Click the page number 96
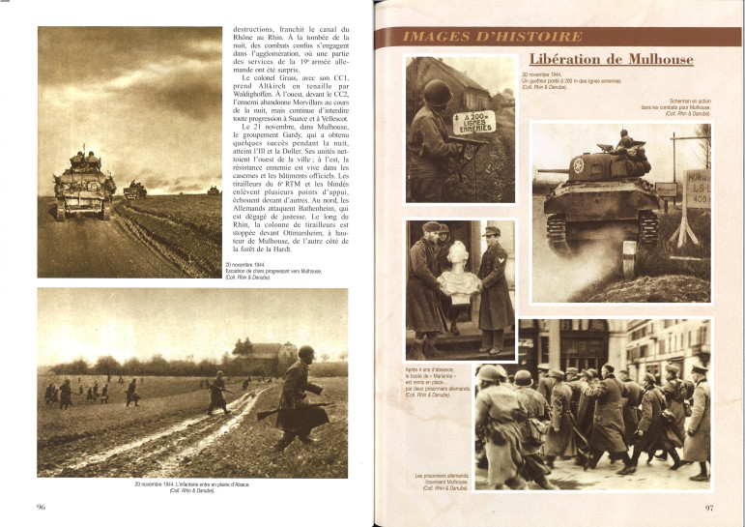(41, 506)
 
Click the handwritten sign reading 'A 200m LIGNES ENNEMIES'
(473, 121)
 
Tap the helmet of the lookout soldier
(438, 93)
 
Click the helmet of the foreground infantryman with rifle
(305, 353)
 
